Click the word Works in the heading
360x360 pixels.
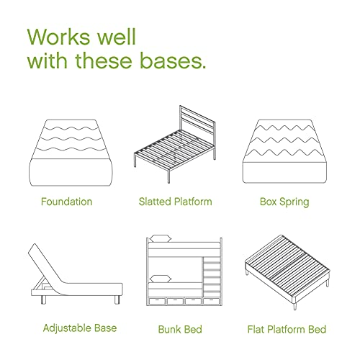tap(60, 37)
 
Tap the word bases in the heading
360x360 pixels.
tap(172, 60)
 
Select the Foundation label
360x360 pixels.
tap(66, 202)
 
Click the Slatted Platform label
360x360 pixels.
tap(176, 202)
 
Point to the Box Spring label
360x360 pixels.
tap(284, 202)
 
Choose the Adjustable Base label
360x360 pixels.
tap(80, 328)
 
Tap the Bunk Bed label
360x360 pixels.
tap(180, 329)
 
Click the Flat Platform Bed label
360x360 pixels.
tap(287, 329)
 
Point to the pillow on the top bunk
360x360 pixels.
tap(160, 238)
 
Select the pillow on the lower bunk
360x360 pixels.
tap(160, 279)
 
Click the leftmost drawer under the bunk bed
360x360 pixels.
tap(157, 301)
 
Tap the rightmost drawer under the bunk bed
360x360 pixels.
tap(211, 301)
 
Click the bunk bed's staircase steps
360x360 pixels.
tap(212, 276)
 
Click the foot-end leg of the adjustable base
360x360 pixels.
tap(117, 300)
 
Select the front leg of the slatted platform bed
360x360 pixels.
tap(168, 177)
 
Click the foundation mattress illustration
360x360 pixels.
tap(71, 153)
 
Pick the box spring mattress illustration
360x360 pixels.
tap(284, 151)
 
